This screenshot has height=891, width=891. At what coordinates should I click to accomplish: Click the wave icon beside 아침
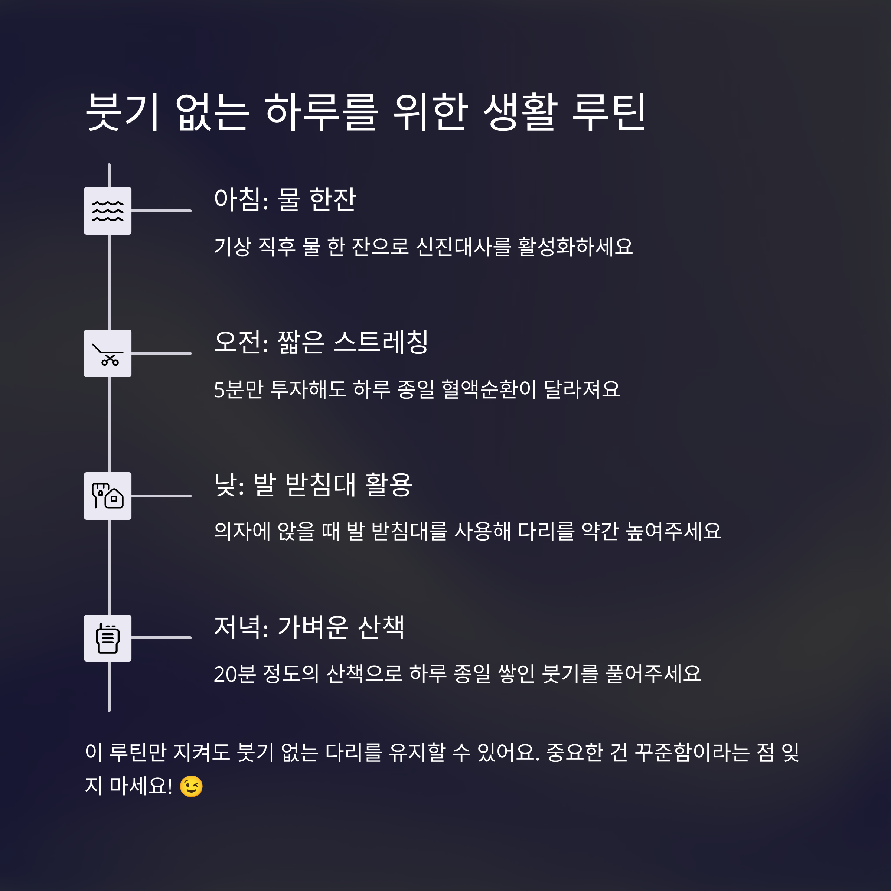point(107,211)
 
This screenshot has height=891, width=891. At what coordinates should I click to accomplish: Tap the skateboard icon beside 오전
point(107,354)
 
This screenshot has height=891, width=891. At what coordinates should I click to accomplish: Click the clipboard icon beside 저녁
point(107,638)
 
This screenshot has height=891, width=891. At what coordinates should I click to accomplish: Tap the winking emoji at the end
point(191,786)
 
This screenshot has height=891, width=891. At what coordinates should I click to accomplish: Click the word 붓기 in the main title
point(123,112)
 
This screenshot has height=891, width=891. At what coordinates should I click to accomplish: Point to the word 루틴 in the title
point(609,112)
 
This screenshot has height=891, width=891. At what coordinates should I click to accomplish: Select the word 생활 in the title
point(520,112)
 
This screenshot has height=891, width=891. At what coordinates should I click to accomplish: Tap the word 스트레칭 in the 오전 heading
point(381,342)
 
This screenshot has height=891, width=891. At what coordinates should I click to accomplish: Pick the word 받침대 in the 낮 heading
point(320,485)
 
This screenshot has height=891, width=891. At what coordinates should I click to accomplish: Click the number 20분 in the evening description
point(235,674)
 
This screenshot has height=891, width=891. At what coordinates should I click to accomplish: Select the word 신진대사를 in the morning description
point(463,246)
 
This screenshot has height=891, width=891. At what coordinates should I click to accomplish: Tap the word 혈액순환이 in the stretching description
point(489,389)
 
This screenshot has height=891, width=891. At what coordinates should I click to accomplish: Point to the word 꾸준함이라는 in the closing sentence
point(692,752)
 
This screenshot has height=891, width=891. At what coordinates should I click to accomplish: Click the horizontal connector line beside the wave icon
point(161,211)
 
